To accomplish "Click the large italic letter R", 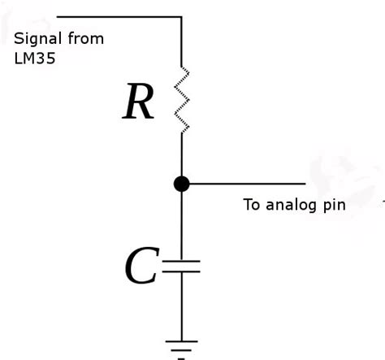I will (138, 103).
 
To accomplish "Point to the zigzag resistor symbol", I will (182, 99).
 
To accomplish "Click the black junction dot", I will (182, 184).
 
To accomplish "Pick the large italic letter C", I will (141, 267).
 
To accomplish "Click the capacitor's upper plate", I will (182, 262).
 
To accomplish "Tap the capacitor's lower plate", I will (182, 272).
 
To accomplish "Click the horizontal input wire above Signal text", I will (114, 16).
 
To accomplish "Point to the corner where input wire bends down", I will (181, 16).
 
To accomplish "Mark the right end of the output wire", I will (305, 184).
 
